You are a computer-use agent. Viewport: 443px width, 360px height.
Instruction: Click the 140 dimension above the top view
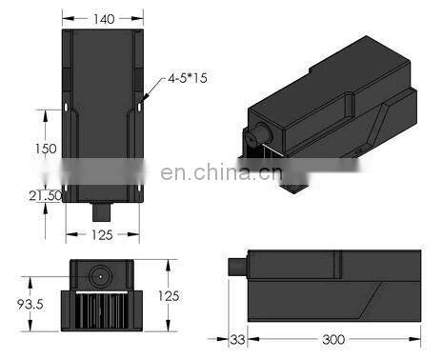click(x=103, y=17)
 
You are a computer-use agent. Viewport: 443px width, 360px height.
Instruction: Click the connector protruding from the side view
click(x=239, y=264)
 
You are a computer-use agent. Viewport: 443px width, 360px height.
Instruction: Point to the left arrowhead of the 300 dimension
click(x=250, y=339)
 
